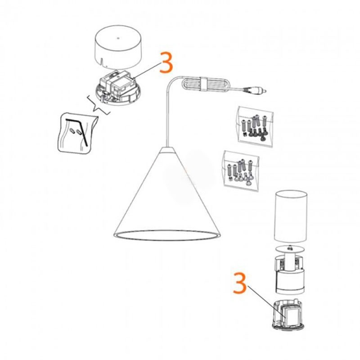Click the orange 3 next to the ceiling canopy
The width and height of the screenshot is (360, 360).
pos(166,63)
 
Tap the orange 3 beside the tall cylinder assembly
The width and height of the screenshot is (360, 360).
pos(241,282)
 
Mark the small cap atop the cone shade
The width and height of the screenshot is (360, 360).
pos(168,149)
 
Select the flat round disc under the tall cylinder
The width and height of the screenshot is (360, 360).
pos(291,248)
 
